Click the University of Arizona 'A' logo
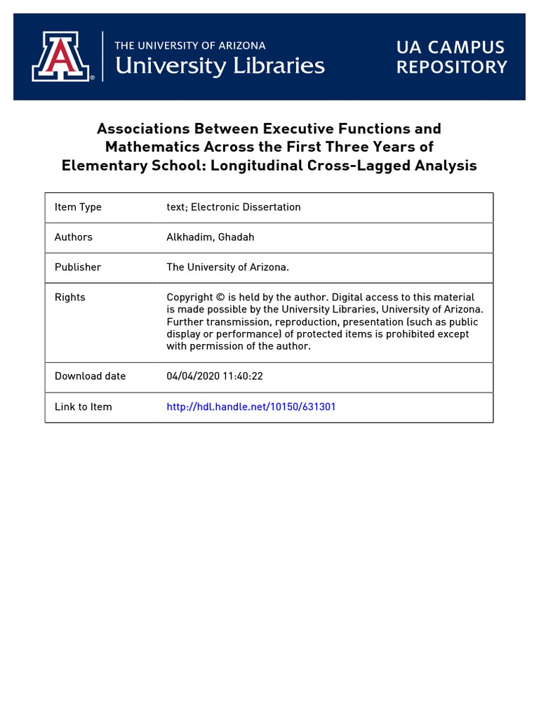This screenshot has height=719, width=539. coord(60,56)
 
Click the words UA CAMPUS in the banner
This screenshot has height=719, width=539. coord(450,48)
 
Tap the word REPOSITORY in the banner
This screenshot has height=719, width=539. coord(451,67)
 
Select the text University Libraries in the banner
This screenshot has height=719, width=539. coord(219,67)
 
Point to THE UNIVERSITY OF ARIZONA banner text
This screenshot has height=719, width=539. coord(190,46)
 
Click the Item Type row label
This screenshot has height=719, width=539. coord(78,207)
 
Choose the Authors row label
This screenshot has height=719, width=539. coord(74,237)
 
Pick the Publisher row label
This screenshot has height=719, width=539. coord(78,268)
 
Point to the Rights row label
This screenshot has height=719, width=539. coord(69,298)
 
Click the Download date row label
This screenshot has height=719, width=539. coord(90,376)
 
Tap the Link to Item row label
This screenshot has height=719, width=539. coord(83,407)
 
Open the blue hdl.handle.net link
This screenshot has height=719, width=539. coord(251,407)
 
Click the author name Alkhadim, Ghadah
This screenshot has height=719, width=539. coord(210,237)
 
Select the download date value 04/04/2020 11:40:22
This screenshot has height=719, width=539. coord(214,376)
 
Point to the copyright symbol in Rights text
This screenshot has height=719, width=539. coord(221,298)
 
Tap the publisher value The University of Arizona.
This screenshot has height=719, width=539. coord(227,268)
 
